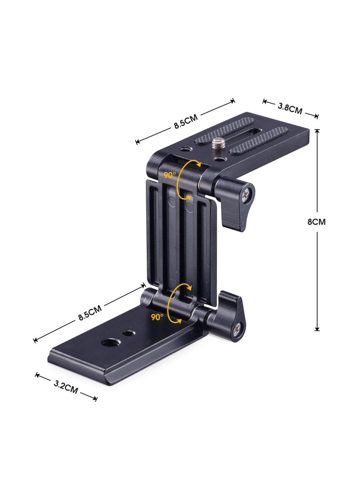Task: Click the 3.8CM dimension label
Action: pos(290,108)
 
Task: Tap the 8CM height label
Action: pos(316,222)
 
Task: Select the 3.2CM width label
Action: pos(66,386)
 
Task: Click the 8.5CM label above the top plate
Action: pos(186,122)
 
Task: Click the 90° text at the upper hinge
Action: pos(170,175)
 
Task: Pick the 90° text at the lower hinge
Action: pos(157,317)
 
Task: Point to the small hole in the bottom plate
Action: pos(130,333)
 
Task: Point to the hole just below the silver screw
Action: pos(219,159)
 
